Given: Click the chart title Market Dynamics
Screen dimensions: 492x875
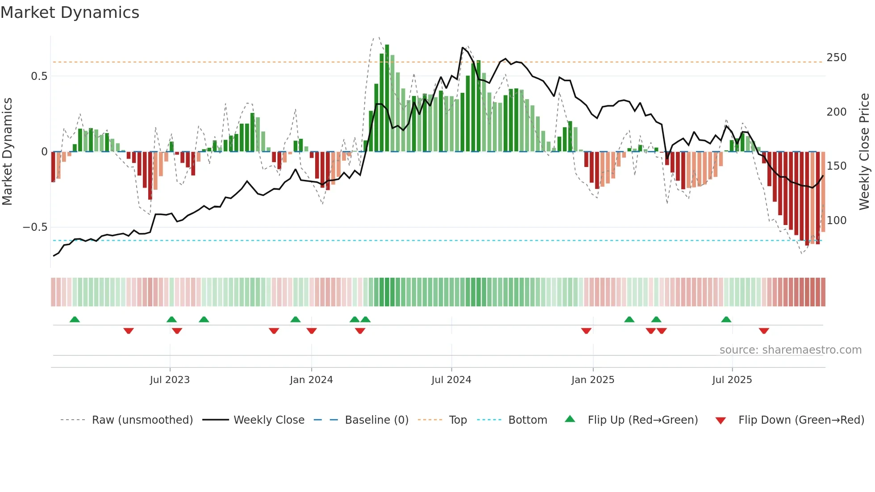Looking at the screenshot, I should [x=70, y=13].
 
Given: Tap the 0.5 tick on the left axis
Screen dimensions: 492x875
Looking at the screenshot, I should [x=39, y=76].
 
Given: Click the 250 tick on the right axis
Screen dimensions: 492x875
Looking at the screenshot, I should [x=836, y=58].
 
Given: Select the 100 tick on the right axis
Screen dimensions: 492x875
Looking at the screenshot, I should [x=836, y=221].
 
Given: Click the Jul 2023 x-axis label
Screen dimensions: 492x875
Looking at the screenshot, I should [x=170, y=380].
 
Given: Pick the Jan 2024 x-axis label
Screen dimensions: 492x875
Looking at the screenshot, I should [x=311, y=380].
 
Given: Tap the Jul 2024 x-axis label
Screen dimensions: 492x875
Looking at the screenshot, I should [x=451, y=380].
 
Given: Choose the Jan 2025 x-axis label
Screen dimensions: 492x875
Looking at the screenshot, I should [x=592, y=380].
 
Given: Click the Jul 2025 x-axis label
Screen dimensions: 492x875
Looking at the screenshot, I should [x=732, y=380].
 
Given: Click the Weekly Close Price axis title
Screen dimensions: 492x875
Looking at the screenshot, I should [x=864, y=152].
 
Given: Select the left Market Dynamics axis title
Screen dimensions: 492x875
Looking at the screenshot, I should [x=7, y=152].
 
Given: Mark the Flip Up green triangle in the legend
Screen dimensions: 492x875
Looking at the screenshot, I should [x=570, y=419].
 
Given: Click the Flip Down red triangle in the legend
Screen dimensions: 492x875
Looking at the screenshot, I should [x=721, y=421].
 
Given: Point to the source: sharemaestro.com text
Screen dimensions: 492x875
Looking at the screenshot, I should [x=790, y=350].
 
